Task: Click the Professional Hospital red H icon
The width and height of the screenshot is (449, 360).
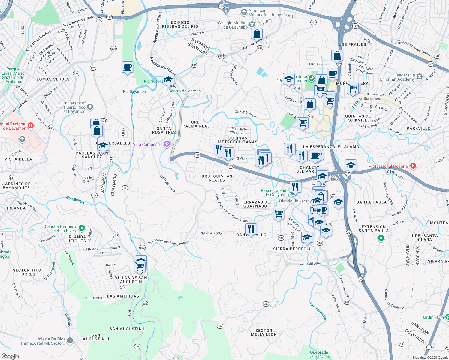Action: (x=413, y=166)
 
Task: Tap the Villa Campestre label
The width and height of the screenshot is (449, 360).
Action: (x=148, y=144)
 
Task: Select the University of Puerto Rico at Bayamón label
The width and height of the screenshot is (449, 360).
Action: (x=74, y=107)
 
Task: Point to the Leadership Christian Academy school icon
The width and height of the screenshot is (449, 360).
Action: (x=419, y=77)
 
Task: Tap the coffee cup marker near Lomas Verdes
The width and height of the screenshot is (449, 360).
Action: (x=127, y=67)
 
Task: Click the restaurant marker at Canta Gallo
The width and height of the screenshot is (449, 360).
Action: (x=251, y=229)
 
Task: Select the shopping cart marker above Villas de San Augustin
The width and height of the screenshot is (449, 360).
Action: (x=140, y=266)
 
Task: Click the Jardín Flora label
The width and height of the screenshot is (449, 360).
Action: (x=432, y=317)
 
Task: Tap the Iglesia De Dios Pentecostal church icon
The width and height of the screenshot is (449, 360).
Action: (x=70, y=340)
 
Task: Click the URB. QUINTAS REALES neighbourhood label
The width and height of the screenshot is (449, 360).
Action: (x=217, y=178)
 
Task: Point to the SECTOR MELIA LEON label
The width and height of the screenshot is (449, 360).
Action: (x=264, y=332)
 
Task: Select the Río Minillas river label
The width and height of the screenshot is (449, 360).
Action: (x=75, y=199)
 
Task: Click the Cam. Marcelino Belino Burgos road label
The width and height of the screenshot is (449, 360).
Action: (x=168, y=242)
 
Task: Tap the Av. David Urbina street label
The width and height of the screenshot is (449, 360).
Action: (x=311, y=264)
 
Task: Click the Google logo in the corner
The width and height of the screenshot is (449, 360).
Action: (x=10, y=356)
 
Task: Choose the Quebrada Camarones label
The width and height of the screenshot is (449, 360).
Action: (x=319, y=354)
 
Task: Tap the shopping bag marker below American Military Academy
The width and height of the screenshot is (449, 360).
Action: (x=257, y=34)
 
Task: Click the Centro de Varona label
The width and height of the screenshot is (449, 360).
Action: (x=184, y=91)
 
